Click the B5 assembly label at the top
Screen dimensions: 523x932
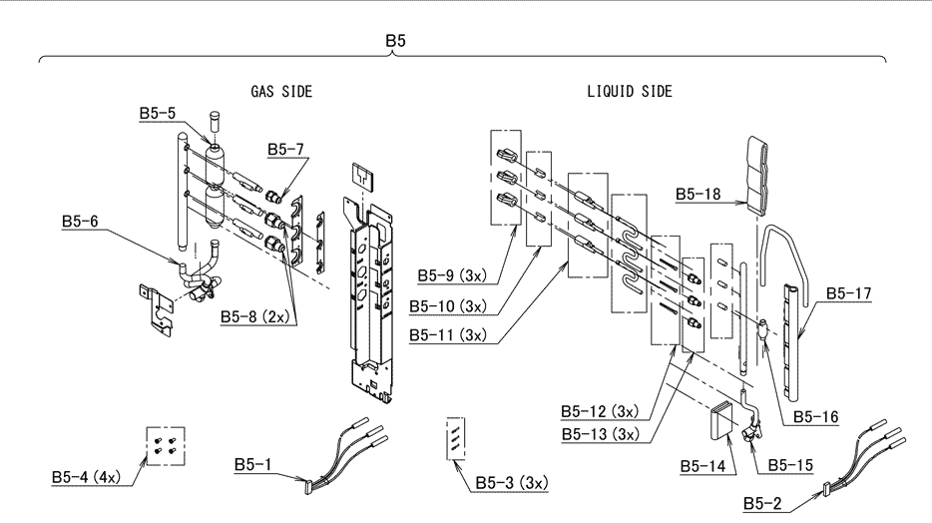click(396, 42)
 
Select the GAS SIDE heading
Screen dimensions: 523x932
click(281, 91)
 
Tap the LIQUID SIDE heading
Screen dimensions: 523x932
click(629, 91)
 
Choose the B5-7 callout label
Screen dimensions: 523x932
click(285, 150)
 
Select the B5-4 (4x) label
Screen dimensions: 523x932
click(86, 478)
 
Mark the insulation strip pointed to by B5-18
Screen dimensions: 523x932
click(758, 175)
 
